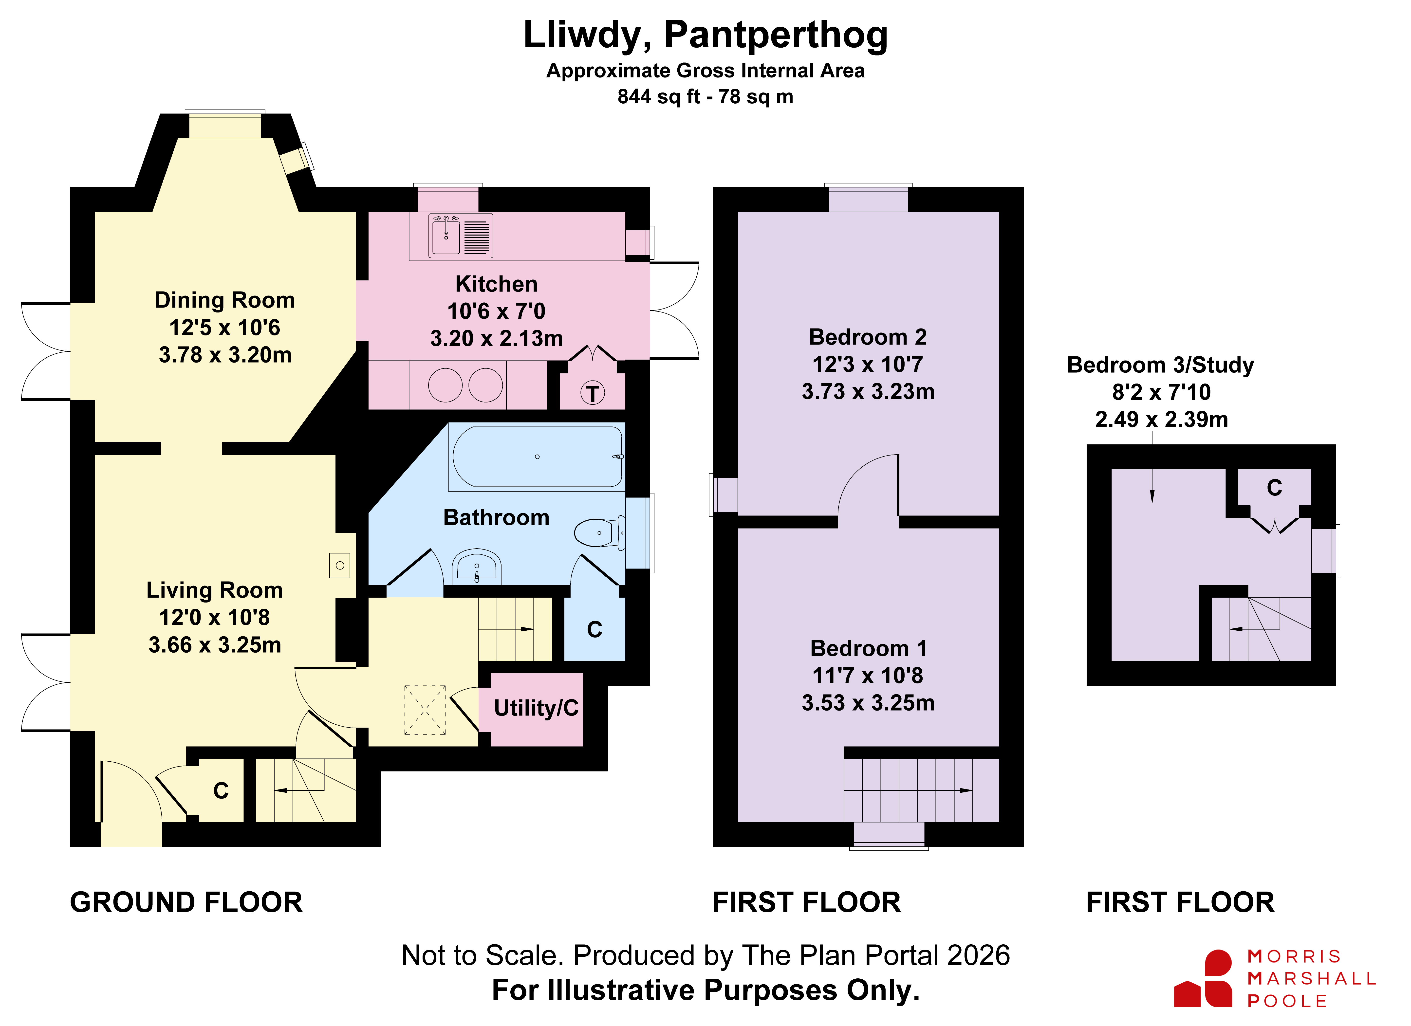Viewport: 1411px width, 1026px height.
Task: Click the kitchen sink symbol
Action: (x=460, y=236)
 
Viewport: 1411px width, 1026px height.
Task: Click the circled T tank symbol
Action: (x=592, y=393)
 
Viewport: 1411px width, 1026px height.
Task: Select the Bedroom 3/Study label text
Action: (x=1160, y=365)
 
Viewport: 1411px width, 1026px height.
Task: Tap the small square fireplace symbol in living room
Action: (x=340, y=566)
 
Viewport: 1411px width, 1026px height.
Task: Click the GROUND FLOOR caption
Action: (x=186, y=902)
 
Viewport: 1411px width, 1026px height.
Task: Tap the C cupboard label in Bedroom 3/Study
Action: (x=1274, y=488)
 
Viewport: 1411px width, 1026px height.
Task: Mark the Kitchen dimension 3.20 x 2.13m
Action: (x=497, y=338)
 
